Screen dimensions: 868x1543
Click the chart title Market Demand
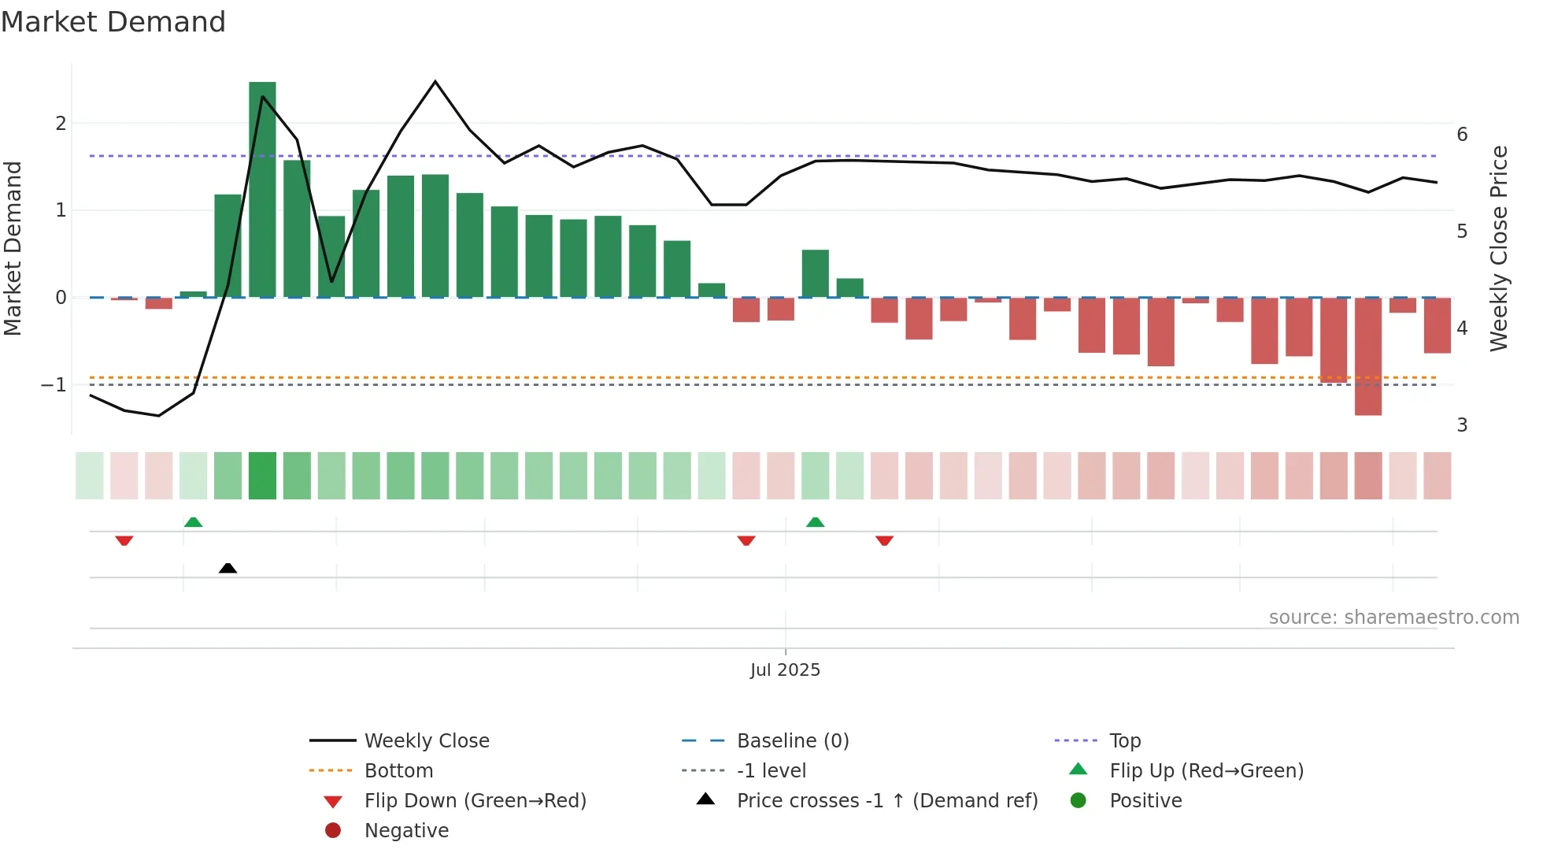(x=113, y=22)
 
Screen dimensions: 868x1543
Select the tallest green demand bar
(x=262, y=189)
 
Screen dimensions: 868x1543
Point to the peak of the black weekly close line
(x=435, y=82)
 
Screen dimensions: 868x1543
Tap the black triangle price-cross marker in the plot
(x=228, y=568)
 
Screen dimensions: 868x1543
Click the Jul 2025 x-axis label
(x=785, y=670)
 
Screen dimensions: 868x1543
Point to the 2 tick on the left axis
(x=61, y=124)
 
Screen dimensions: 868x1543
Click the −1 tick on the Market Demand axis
(x=54, y=385)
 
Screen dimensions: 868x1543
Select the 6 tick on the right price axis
(x=1462, y=135)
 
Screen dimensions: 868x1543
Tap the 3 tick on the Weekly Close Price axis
(x=1462, y=425)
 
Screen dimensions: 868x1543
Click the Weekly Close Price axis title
(x=1499, y=248)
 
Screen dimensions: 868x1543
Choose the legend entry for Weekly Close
(x=426, y=741)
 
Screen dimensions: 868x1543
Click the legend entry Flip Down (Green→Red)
(x=475, y=801)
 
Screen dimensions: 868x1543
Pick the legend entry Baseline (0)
(x=792, y=741)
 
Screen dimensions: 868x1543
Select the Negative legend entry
(x=406, y=831)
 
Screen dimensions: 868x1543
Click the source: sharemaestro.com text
(x=1393, y=618)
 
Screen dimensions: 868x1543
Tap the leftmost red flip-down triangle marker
(x=124, y=540)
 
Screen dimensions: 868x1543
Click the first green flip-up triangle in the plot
(x=193, y=522)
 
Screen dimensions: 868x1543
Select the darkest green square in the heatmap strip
(x=262, y=476)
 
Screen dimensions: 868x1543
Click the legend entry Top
(x=1124, y=741)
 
